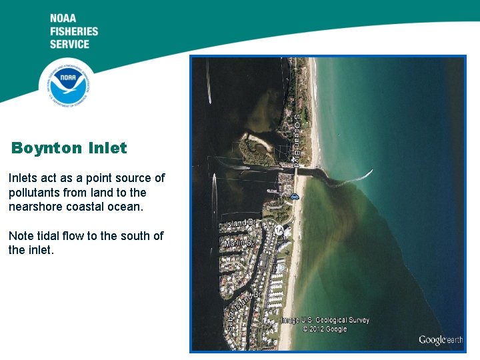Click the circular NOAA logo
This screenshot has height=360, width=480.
[x=65, y=83]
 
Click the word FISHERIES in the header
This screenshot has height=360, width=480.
[x=73, y=31]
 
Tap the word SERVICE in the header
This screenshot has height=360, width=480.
[x=69, y=44]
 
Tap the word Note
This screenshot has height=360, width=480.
[x=21, y=236]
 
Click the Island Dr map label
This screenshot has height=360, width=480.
[x=241, y=223]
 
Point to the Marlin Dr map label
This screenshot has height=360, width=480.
[x=239, y=244]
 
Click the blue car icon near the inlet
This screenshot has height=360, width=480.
[x=294, y=196]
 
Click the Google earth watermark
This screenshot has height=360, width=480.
[x=440, y=340]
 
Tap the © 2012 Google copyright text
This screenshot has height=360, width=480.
[x=325, y=329]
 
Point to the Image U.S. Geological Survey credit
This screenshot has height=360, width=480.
[x=325, y=320]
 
